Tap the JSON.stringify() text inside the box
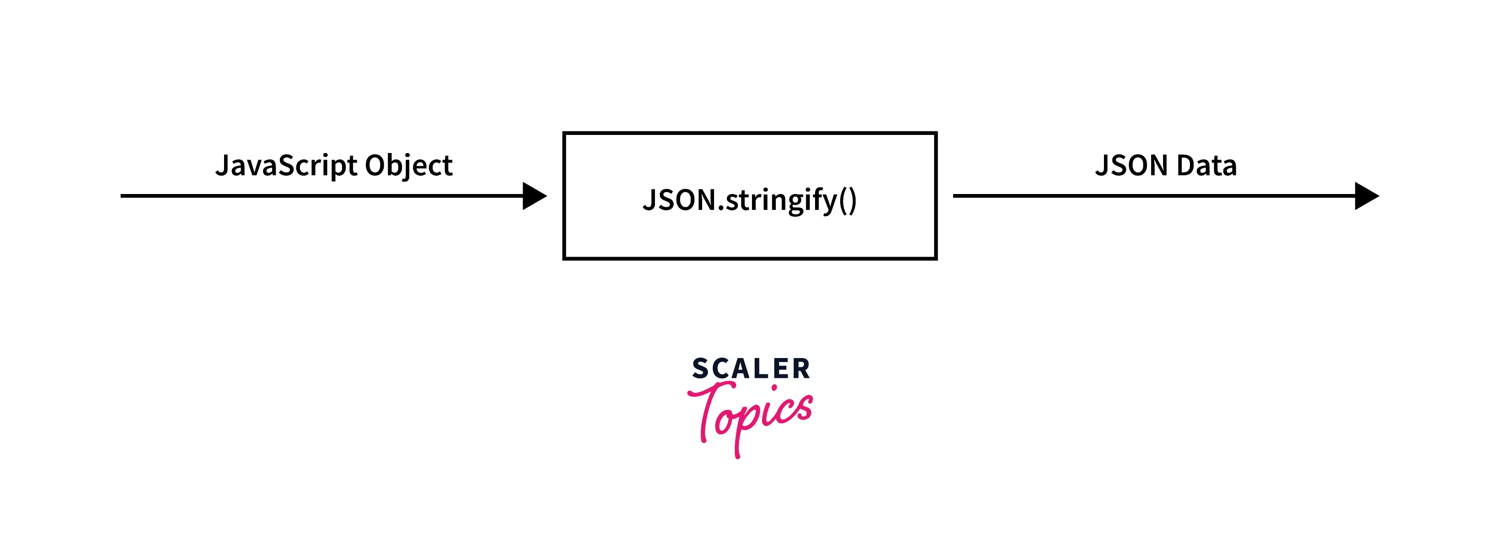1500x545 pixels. pyautogui.click(x=749, y=200)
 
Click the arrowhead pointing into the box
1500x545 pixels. pyautogui.click(x=533, y=196)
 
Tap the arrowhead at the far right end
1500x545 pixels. pyautogui.click(x=1365, y=196)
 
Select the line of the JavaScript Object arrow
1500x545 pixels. pyautogui.click(x=320, y=196)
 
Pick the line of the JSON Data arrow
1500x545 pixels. pyautogui.click(x=1153, y=196)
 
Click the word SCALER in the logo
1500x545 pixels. pyautogui.click(x=751, y=369)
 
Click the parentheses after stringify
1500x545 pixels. pyautogui.click(x=848, y=200)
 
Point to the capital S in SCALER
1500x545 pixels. pyautogui.click(x=700, y=369)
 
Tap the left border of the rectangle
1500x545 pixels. pyautogui.click(x=564, y=196)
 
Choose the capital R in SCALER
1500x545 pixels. pyautogui.click(x=801, y=369)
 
